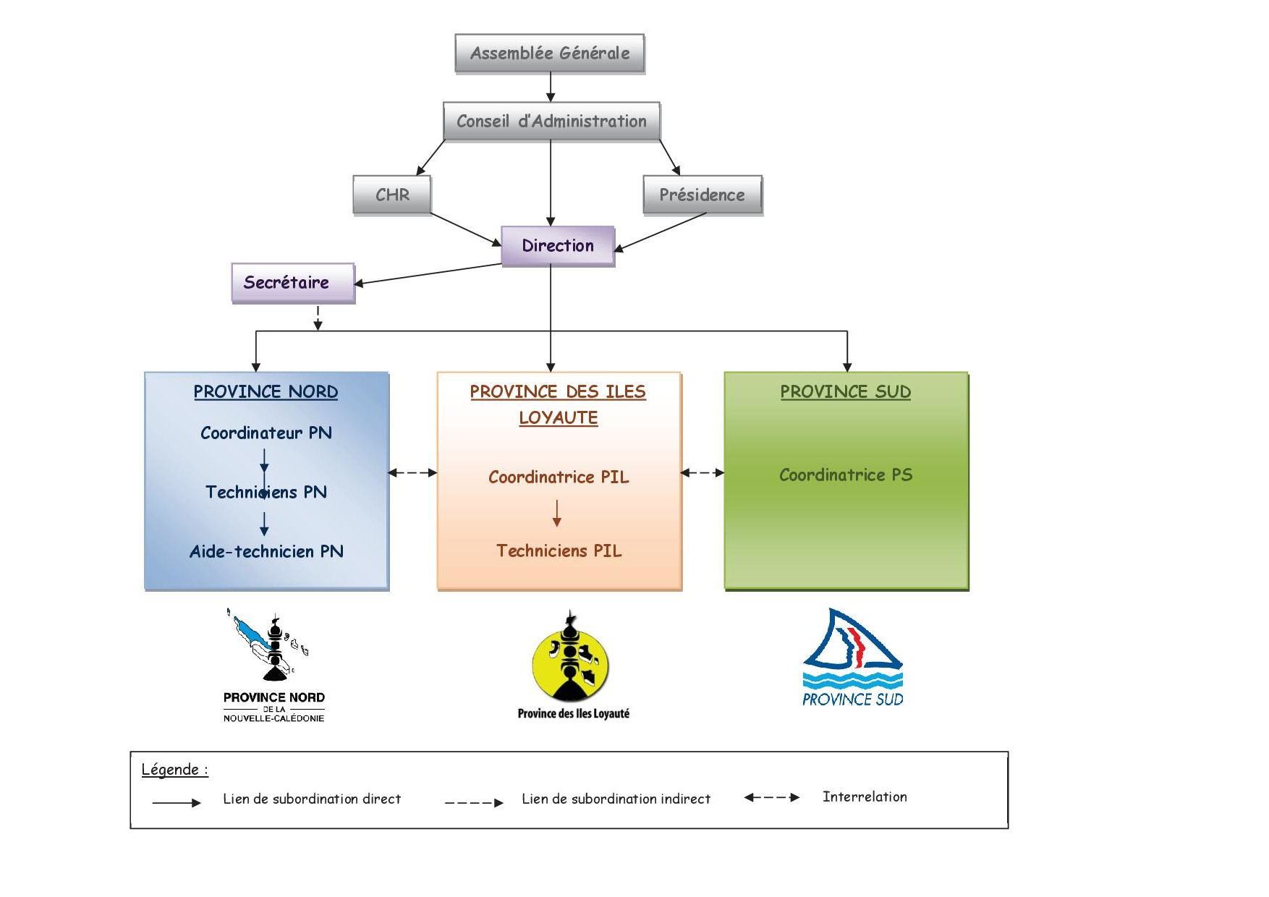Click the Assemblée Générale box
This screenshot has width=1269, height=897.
[x=550, y=54]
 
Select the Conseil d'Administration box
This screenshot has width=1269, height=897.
[x=551, y=122]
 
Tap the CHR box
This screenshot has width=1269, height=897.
[x=392, y=195]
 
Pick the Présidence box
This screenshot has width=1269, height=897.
[x=702, y=195]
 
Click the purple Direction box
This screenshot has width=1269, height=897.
[x=558, y=246]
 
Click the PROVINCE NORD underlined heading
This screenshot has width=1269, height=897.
[x=266, y=392]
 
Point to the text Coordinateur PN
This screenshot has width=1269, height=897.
[x=266, y=433]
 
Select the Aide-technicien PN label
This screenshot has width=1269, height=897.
[x=266, y=552]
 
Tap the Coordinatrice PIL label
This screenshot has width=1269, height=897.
[x=559, y=477]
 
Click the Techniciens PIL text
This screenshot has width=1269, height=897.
[x=559, y=551]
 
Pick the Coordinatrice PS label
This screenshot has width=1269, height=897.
[x=845, y=475]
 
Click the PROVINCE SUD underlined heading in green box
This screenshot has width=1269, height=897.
[x=845, y=392]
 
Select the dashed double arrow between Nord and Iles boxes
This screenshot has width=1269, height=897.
[x=412, y=473]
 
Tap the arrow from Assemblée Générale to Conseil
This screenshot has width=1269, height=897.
[x=551, y=88]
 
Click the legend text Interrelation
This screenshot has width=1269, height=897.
[x=865, y=797]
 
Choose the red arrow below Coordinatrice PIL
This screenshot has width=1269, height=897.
[x=557, y=513]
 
